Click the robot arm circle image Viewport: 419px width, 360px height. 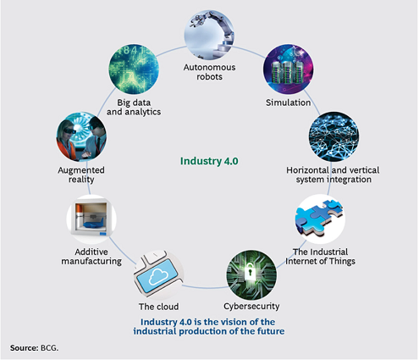point(209,35)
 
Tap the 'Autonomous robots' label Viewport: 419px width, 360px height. point(209,72)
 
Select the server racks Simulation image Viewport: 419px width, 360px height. point(288,69)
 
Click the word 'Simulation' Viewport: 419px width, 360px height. point(288,102)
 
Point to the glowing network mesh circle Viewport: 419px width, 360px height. point(334,136)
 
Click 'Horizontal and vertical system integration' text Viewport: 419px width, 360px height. point(333,174)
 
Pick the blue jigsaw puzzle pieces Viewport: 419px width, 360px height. point(319,217)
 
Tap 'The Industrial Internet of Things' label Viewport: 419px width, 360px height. point(320,257)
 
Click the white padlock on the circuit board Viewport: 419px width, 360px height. point(249,272)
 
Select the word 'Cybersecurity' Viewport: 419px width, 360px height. point(251,306)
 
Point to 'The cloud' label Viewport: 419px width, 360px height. point(158,307)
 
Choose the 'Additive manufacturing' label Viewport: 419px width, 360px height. point(91,257)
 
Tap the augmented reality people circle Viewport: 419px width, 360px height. point(81,136)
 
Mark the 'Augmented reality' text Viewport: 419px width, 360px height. point(81,174)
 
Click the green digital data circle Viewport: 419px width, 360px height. point(134,69)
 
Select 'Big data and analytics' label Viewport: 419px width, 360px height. point(134,107)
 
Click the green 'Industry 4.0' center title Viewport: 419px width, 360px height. point(209,161)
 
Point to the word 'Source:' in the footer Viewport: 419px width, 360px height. point(24,347)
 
